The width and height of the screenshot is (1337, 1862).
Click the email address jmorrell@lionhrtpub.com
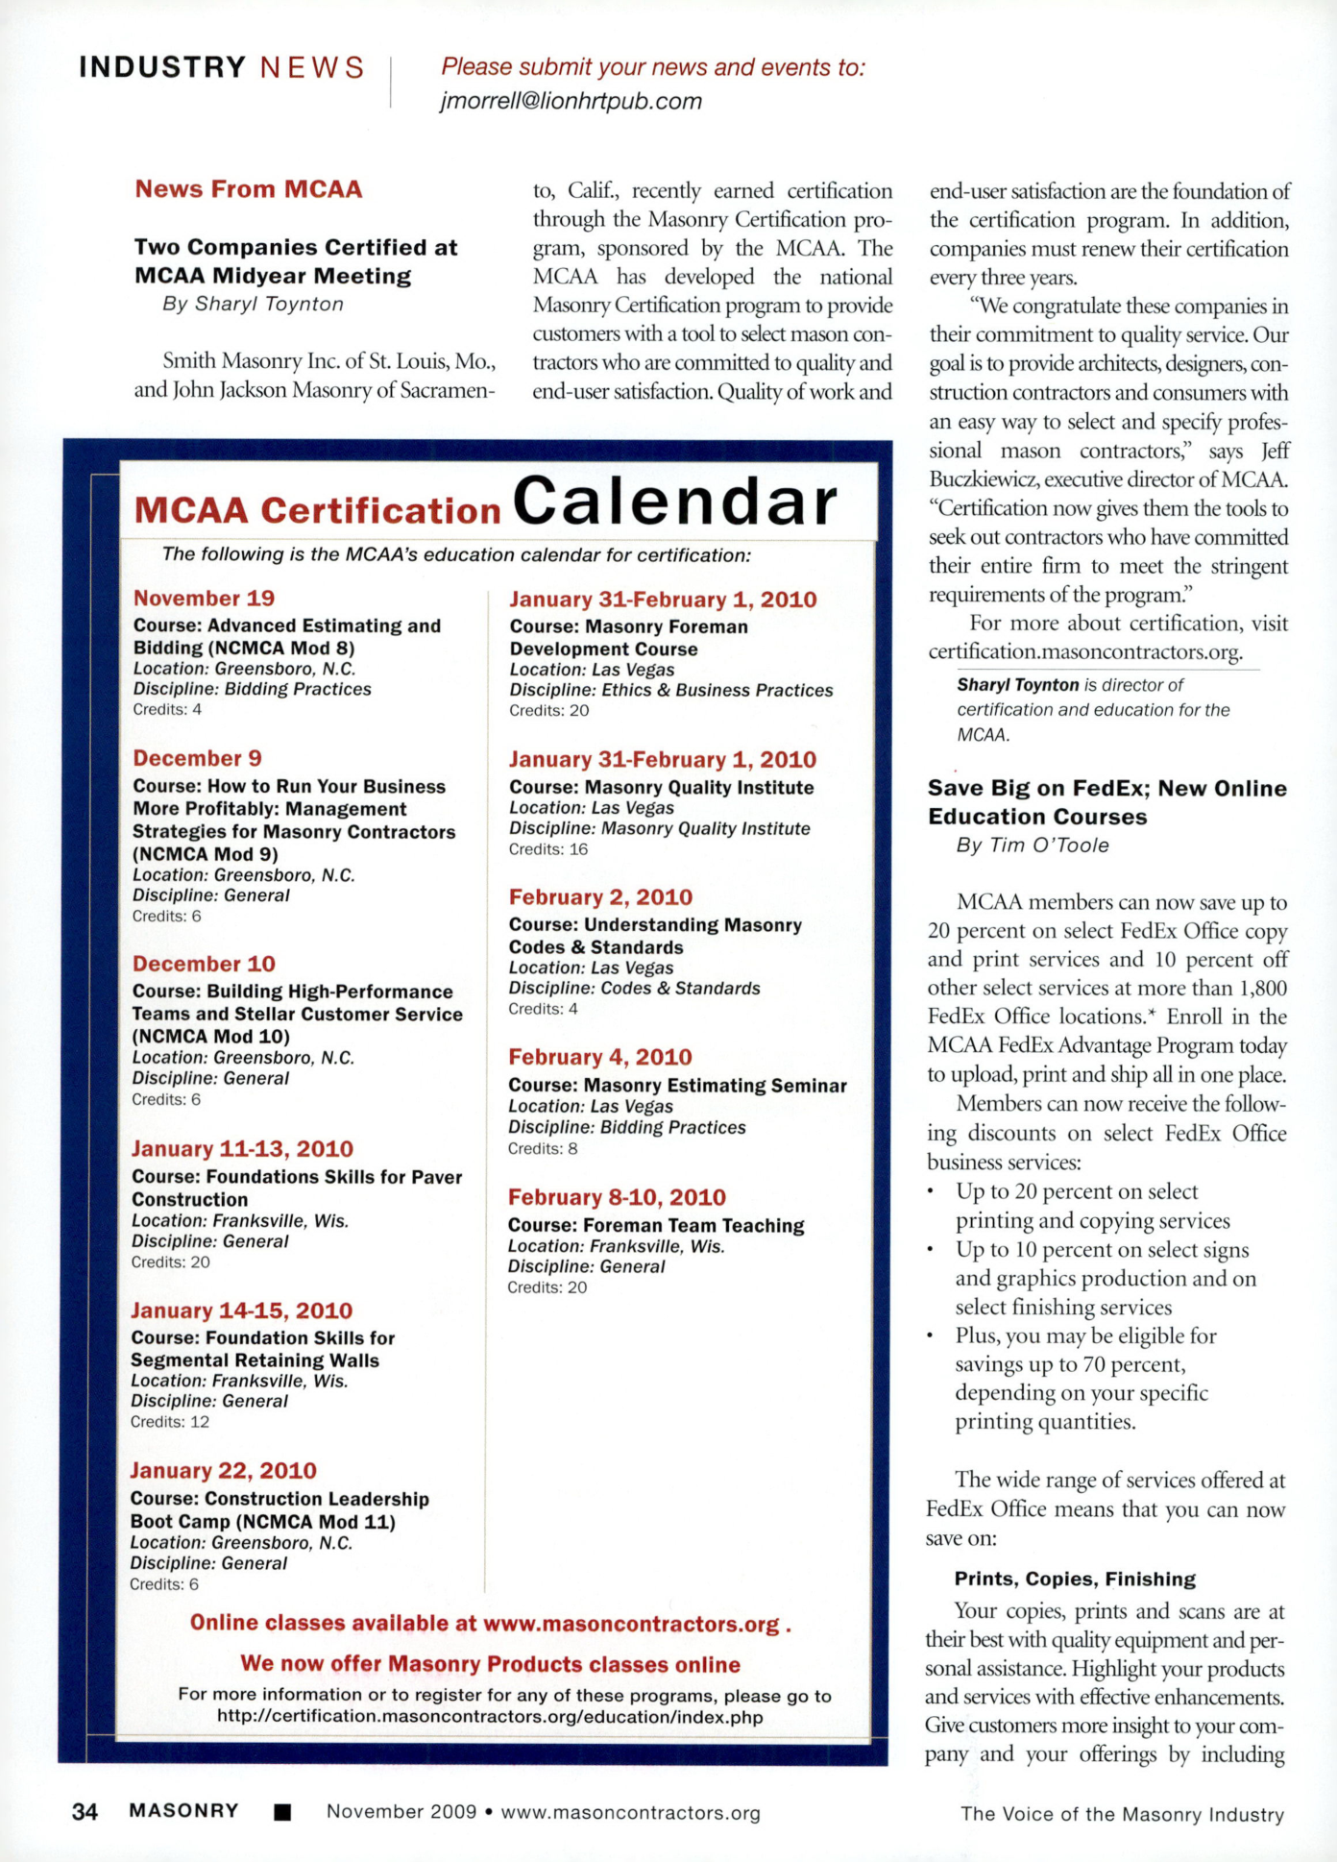pos(571,101)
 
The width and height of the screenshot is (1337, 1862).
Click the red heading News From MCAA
pos(248,189)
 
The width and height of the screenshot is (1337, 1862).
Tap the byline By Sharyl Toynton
pos(253,305)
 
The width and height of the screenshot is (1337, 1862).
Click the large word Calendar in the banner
pos(675,502)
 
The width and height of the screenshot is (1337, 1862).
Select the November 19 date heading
pos(204,599)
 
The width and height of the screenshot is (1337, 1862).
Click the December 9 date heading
pos(197,759)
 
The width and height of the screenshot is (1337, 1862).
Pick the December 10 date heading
pos(204,965)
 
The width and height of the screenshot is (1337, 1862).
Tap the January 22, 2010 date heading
pos(223,1471)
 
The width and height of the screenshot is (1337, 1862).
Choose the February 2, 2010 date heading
pos(600,897)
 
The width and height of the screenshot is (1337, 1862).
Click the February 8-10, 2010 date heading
pos(617,1198)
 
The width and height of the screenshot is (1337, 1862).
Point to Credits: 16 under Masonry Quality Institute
pos(548,849)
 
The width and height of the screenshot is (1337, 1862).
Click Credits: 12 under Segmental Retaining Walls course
pos(170,1422)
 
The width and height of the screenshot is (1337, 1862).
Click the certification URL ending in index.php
pos(490,1717)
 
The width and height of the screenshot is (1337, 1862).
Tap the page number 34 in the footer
pos(85,1812)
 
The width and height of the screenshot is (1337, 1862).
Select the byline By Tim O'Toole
pos(1033,845)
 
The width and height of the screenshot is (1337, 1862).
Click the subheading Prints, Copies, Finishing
pos(1075,1579)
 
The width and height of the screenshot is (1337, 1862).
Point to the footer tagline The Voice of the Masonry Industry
pos(1122,1814)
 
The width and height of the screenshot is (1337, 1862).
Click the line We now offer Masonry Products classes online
pos(490,1664)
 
